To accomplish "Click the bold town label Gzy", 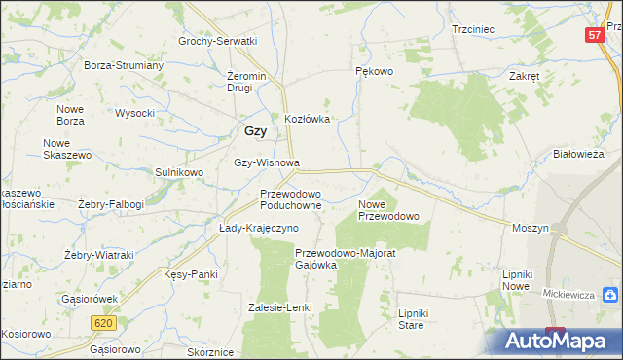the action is tap(255, 131).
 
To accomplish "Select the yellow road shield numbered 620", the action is tap(106, 322).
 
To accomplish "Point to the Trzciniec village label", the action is tap(474, 29).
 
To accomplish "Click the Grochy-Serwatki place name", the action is tap(217, 41).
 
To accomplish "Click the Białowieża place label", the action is tap(579, 154).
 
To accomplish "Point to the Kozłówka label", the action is tap(308, 119).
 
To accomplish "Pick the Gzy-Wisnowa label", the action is tap(267, 163).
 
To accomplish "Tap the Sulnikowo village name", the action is tap(179, 172).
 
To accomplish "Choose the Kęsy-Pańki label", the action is tap(190, 275).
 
